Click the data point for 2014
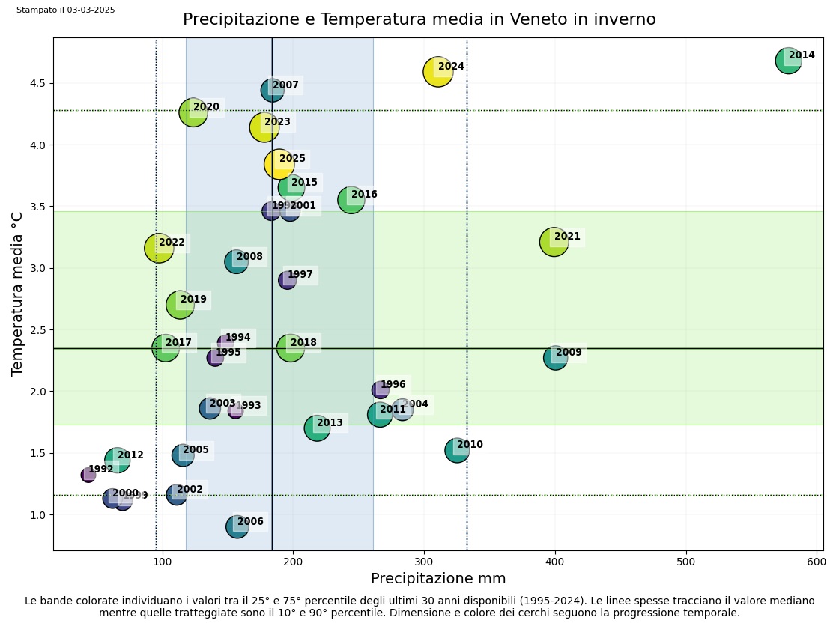click(x=788, y=60)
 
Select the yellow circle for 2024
click(x=438, y=72)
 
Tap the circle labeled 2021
click(x=554, y=242)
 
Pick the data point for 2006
click(x=237, y=526)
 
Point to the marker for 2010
click(x=457, y=450)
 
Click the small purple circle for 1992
click(x=88, y=475)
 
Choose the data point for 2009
click(x=555, y=357)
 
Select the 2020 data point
click(x=193, y=112)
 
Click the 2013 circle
click(x=317, y=428)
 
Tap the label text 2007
click(x=285, y=85)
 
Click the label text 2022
click(x=172, y=243)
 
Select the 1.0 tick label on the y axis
click(x=38, y=515)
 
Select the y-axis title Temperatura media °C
click(x=17, y=294)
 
